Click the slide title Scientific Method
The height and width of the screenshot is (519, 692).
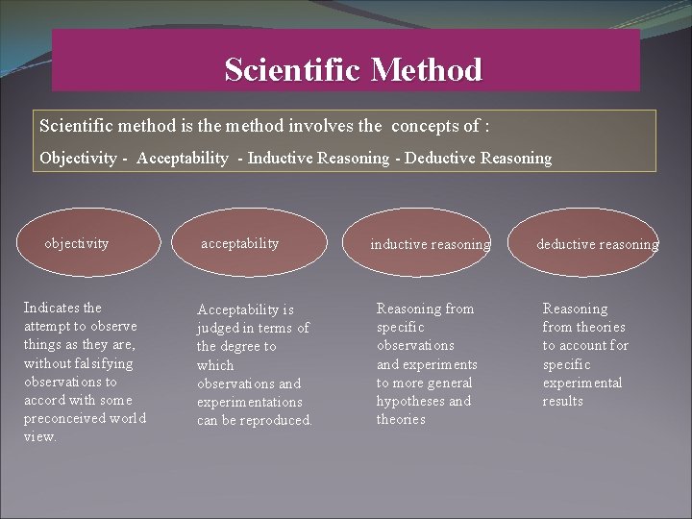(x=353, y=70)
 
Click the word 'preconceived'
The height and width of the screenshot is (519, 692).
(x=64, y=418)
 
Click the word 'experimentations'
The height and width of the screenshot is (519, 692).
(x=249, y=402)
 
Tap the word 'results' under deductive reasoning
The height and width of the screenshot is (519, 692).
(x=562, y=401)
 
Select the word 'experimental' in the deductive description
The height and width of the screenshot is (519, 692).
(x=581, y=383)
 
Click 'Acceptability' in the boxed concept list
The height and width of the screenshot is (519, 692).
(x=183, y=158)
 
